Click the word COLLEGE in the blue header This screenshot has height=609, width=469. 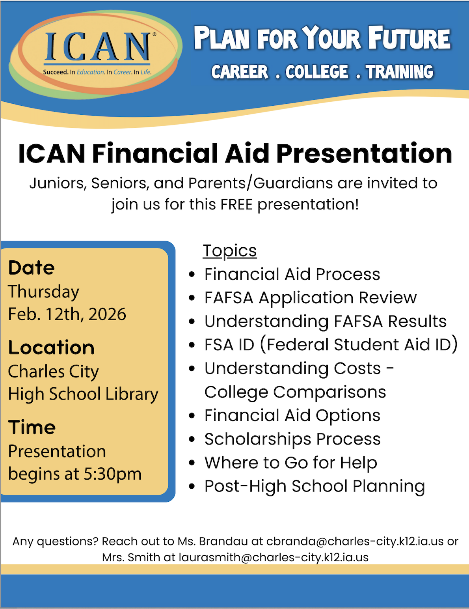(317, 72)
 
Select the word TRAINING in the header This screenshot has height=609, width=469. (399, 72)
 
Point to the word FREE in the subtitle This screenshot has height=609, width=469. (236, 205)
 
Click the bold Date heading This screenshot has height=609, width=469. (32, 268)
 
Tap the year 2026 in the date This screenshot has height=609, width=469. (107, 314)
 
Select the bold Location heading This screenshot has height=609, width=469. (51, 347)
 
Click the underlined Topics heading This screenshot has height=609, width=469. (230, 251)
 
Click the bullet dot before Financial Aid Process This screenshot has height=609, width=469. (192, 275)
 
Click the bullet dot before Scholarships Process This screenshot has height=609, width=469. (192, 439)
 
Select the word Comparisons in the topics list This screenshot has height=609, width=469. (329, 392)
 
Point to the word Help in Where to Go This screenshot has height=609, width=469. (359, 463)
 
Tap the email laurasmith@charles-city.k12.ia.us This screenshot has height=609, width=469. (274, 557)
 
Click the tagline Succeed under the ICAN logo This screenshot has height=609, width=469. (56, 72)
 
